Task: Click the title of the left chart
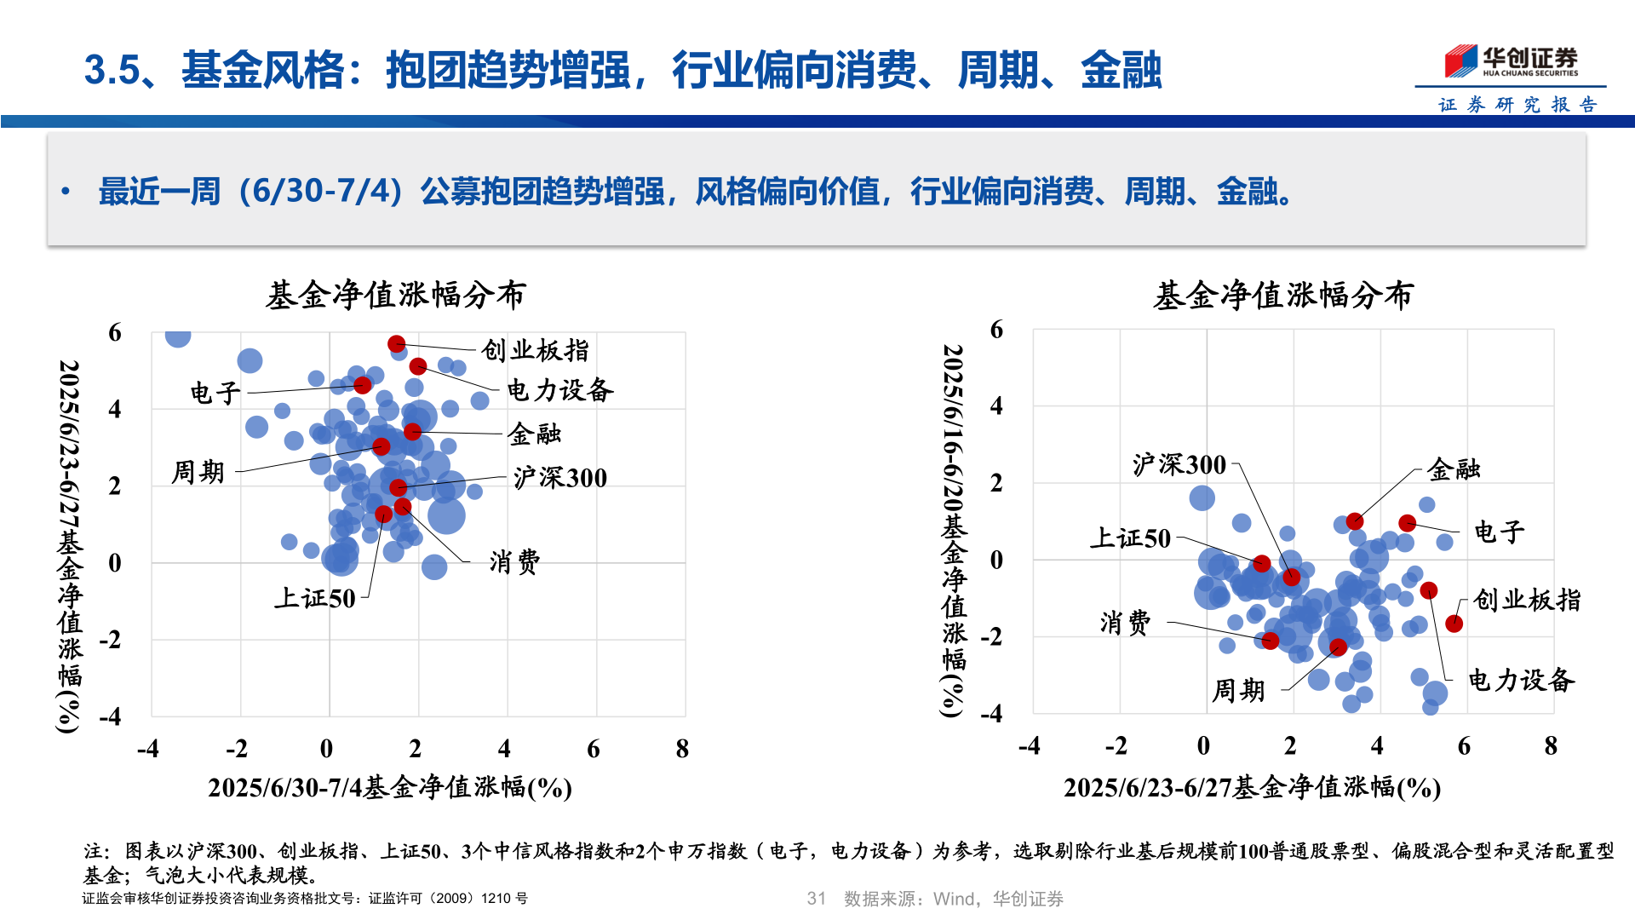[396, 296]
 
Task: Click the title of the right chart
[1282, 296]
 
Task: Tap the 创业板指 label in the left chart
[535, 350]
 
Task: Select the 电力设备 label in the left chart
[559, 390]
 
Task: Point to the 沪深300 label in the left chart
[559, 478]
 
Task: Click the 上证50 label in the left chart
[314, 598]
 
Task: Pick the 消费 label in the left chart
[514, 561]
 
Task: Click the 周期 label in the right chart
[1238, 690]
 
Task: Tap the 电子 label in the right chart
[1499, 532]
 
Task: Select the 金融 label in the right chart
[1454, 469]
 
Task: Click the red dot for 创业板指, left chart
[396, 344]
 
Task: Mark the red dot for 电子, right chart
[1407, 523]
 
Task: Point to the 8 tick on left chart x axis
[682, 749]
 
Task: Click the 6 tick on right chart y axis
[996, 330]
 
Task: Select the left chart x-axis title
[389, 787]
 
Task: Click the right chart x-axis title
[1251, 787]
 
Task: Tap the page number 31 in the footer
[816, 899]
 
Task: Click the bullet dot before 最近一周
[66, 192]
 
